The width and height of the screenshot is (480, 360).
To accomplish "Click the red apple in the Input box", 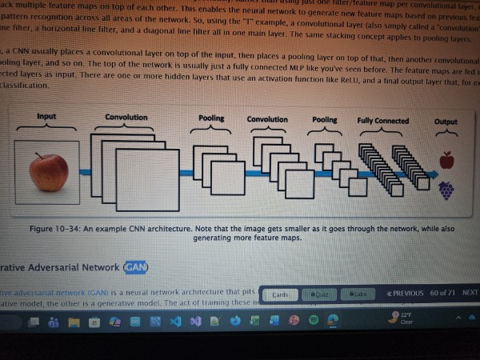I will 48,172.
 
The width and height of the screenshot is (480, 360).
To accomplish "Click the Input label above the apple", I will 46,117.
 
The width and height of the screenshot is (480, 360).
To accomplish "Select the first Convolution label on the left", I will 126,117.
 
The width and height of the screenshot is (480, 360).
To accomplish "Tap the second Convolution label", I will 267,120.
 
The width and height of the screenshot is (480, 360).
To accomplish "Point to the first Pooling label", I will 211,118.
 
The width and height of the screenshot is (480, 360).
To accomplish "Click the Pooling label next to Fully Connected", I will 324,120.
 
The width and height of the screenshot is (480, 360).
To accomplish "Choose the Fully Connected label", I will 382,121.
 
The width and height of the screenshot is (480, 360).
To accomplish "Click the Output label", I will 446,122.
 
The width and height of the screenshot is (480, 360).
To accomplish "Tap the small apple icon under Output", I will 446,161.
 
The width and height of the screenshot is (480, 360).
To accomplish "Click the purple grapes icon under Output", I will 446,190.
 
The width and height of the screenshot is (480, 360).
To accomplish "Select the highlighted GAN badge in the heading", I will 135,266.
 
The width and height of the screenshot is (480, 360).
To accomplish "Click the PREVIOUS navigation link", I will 404,293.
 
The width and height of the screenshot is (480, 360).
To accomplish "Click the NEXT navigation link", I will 470,293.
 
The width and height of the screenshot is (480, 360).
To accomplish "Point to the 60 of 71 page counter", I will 442,293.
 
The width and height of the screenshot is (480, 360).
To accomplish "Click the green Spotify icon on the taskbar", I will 313,319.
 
